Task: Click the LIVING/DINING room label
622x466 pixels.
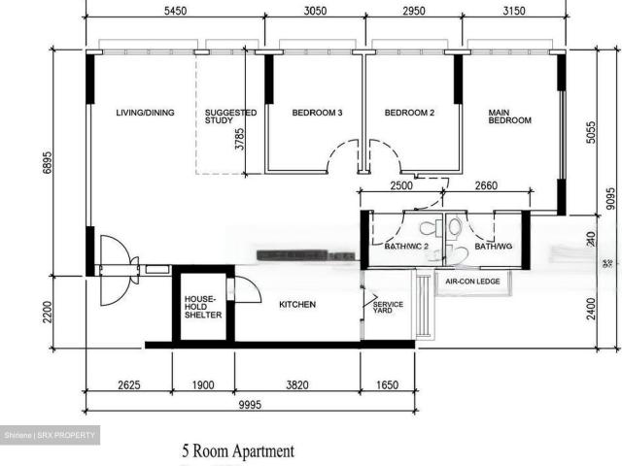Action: coord(145,113)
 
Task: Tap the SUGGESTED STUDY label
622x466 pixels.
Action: coord(230,117)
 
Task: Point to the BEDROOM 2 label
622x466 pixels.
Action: coord(409,113)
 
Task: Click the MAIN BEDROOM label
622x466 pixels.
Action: coord(509,116)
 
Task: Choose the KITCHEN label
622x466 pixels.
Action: coord(297,305)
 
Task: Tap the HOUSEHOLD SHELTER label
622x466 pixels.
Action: coord(202,307)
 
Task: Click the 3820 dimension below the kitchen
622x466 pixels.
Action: coord(296,385)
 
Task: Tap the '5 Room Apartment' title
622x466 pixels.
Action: coord(237,451)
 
